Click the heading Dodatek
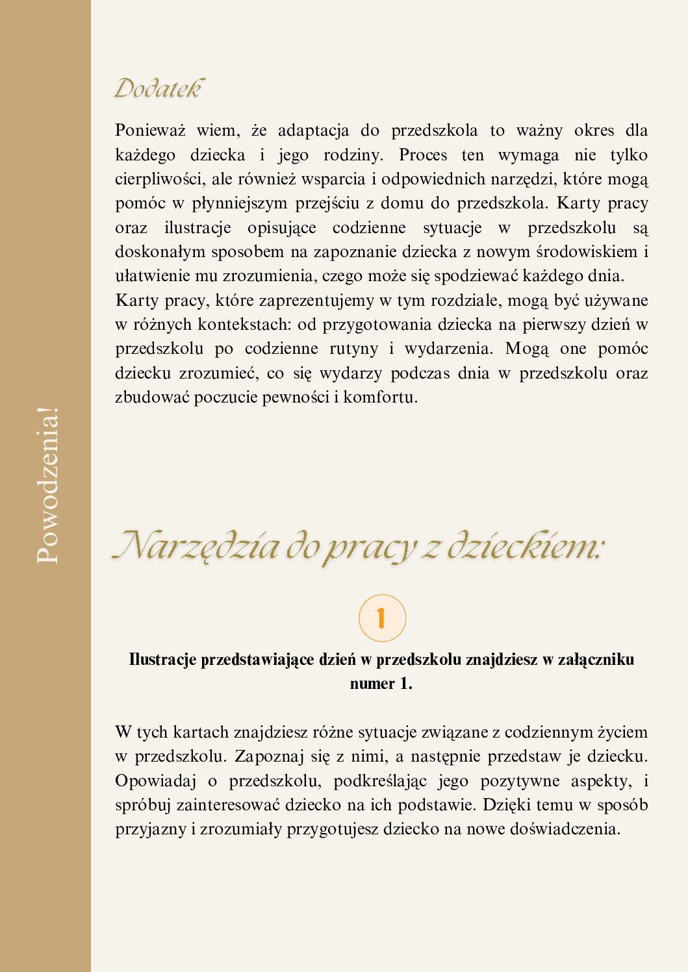pyautogui.click(x=159, y=88)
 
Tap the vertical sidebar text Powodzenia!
pyautogui.click(x=48, y=485)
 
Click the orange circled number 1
pyautogui.click(x=382, y=618)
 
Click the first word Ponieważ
pyautogui.click(x=150, y=131)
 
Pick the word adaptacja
pyautogui.click(x=313, y=131)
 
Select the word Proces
pyautogui.click(x=423, y=155)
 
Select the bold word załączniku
pyautogui.click(x=596, y=660)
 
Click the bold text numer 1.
pyautogui.click(x=381, y=684)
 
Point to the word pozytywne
pyautogui.click(x=520, y=780)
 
